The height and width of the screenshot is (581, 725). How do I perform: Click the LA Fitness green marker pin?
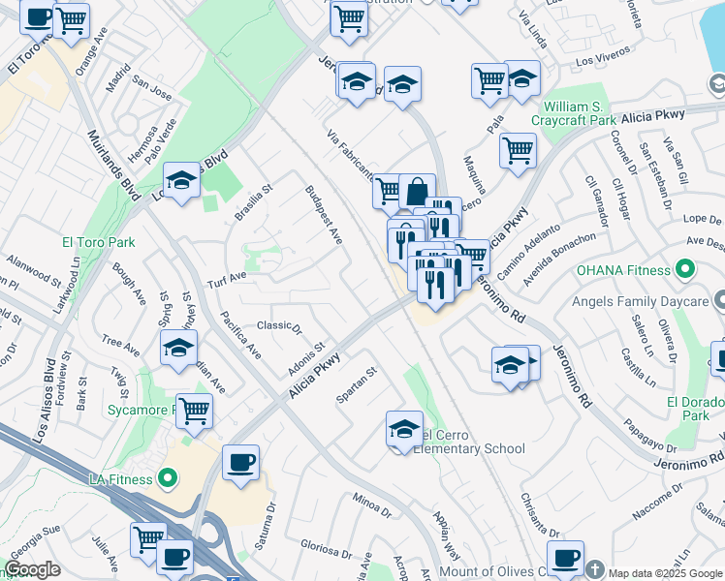(168, 478)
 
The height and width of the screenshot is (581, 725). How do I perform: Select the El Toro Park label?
(99, 242)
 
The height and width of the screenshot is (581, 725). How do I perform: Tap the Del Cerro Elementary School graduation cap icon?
(404, 430)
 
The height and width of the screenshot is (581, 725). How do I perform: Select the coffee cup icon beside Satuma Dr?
(240, 462)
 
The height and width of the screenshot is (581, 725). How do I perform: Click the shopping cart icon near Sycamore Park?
(194, 411)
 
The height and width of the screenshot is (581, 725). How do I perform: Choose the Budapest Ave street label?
(324, 214)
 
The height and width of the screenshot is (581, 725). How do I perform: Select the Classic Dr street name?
(279, 326)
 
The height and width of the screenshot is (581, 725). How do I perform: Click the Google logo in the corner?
(33, 569)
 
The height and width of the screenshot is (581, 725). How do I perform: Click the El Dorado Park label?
(699, 407)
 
